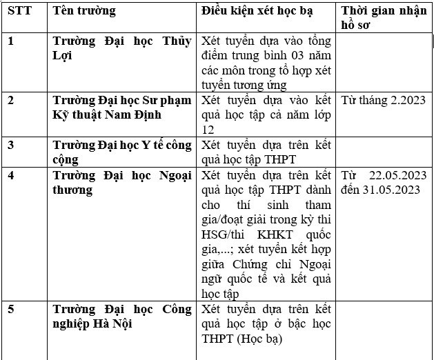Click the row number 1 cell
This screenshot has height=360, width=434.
[x=11, y=40]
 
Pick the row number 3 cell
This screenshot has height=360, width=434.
[x=11, y=144]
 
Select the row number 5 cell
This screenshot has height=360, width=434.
[x=11, y=308]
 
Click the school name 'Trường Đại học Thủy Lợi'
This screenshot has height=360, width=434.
[x=122, y=48]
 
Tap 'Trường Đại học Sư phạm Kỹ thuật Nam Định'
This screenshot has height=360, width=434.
[x=122, y=107]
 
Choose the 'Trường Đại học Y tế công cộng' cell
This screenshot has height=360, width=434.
[x=122, y=151]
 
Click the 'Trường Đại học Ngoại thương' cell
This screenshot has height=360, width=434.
[x=122, y=181]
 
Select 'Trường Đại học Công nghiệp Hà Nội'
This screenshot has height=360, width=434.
[x=122, y=316]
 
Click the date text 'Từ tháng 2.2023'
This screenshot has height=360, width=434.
[x=383, y=100]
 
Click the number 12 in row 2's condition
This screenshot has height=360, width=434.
[x=208, y=129]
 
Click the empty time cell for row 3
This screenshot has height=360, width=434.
[x=384, y=151]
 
